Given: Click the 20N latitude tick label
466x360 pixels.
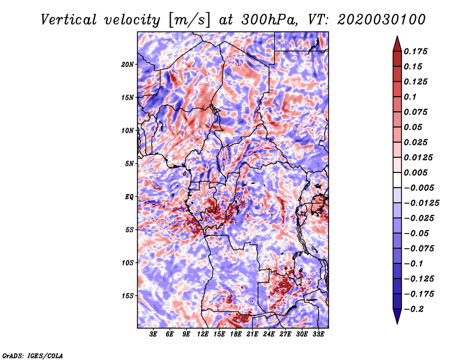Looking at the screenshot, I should pos(128,64).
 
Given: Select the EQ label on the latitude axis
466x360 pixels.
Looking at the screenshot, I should pos(129,197).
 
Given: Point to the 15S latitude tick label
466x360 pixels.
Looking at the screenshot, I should pos(128,296).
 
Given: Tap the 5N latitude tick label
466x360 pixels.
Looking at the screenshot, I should pos(129,164).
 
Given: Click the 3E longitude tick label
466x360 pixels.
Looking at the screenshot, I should pos(154,334).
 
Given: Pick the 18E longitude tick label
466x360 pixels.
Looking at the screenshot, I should pos(236,334).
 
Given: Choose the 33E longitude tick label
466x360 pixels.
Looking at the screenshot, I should pos(319,334).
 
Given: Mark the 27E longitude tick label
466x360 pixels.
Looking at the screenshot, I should pos(285,334).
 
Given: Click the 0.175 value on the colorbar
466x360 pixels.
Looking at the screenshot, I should pos(416,51).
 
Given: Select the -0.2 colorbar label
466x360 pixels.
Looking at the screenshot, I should pos(415,309).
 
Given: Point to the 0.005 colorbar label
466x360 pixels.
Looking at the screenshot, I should pos(416,172).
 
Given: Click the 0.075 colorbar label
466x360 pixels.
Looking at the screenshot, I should pos(416,112).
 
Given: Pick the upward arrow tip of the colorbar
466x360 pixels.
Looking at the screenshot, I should pos(397,37).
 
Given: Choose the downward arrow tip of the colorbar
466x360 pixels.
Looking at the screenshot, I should pos(397,322).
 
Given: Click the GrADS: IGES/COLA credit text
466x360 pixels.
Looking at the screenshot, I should pos(32,355).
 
